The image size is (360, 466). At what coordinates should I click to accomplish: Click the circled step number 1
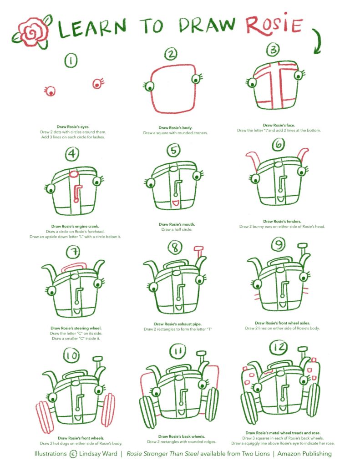pos(71,60)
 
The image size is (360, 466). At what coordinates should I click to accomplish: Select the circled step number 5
pos(173,150)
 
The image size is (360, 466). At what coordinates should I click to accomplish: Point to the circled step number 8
pos(175,248)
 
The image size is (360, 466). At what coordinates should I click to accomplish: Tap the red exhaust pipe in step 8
pos(199,254)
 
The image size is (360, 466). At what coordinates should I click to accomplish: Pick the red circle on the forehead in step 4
pos(74,173)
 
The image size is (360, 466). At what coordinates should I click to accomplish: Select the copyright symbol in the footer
pos(73,454)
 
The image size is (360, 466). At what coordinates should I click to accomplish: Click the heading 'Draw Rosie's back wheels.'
pos(182,436)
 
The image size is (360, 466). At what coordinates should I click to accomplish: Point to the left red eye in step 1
pos(50,91)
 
